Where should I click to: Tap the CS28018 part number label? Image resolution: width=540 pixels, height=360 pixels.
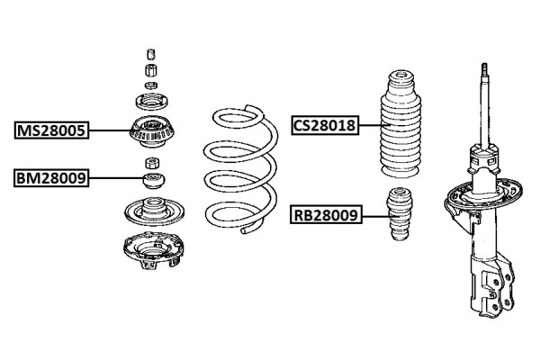tap(324, 126)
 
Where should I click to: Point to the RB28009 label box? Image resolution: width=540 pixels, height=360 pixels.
tap(324, 215)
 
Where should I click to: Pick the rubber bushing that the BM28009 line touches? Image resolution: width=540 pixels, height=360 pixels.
tap(152, 180)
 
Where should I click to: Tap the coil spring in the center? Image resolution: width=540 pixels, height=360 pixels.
tap(237, 171)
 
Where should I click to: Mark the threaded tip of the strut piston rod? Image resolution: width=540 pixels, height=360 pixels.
tap(484, 70)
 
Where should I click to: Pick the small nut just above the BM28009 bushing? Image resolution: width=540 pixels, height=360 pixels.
tap(151, 163)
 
